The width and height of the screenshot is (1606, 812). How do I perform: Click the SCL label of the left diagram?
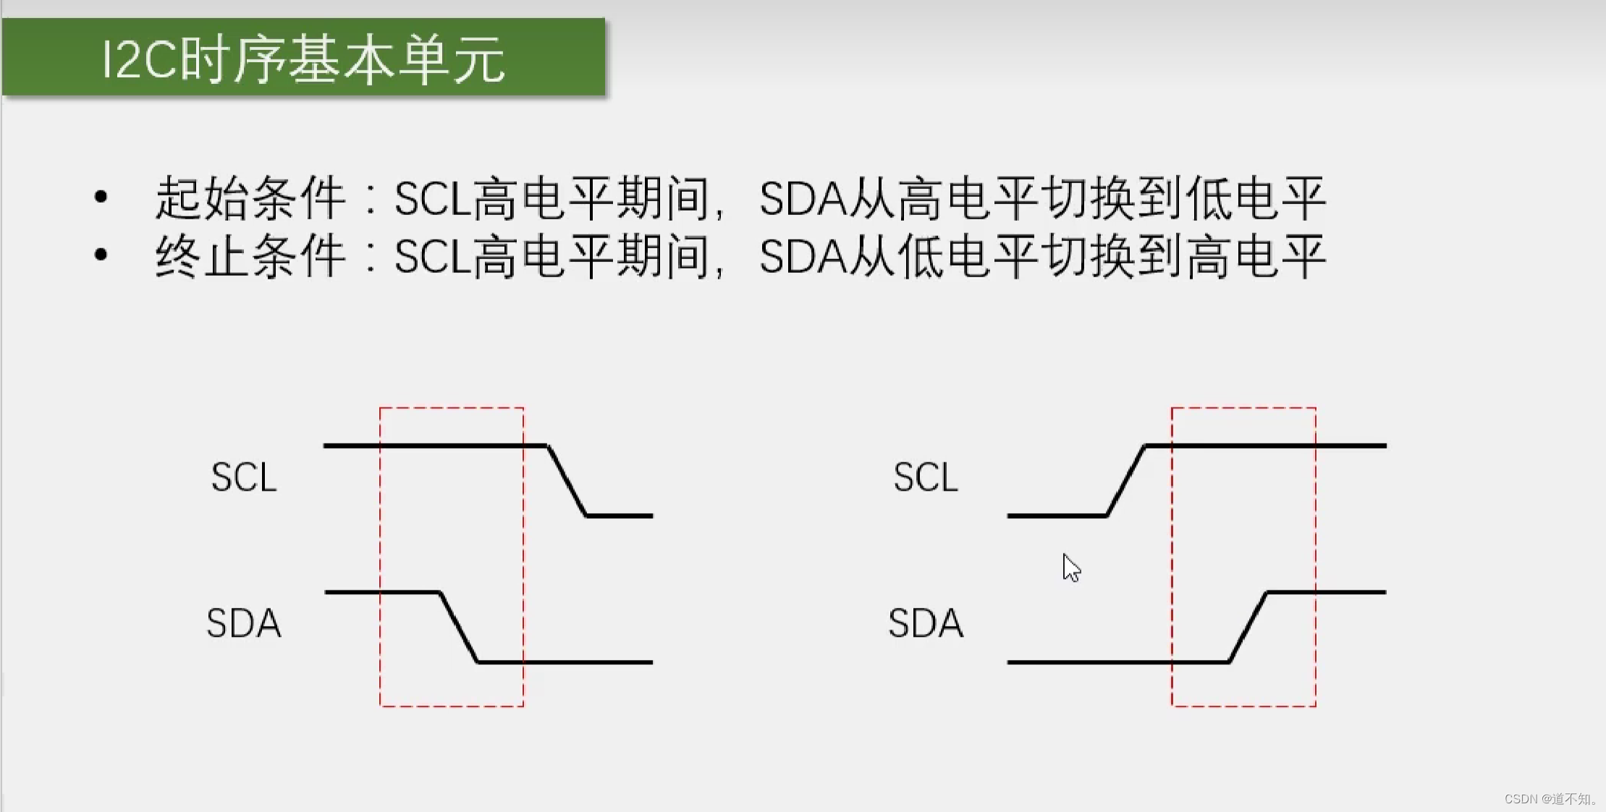(x=244, y=478)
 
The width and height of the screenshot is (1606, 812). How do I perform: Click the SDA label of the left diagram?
(x=244, y=623)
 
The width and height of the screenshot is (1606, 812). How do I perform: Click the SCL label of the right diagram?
(x=926, y=478)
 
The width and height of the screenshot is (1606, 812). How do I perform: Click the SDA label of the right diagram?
(x=926, y=623)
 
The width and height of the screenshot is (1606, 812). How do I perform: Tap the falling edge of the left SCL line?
(x=567, y=481)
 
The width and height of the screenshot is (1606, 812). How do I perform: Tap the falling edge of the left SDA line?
(x=459, y=627)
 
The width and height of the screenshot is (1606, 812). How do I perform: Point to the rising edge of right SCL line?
(x=1126, y=481)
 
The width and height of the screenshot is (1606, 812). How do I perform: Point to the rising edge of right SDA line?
(x=1248, y=627)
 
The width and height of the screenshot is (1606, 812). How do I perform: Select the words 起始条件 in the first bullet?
(x=250, y=198)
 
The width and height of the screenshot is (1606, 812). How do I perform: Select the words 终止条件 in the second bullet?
(x=250, y=256)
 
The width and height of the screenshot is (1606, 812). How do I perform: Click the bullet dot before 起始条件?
(x=101, y=196)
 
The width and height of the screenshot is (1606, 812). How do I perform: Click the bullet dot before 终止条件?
(x=101, y=254)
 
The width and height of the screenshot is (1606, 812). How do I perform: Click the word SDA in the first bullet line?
(x=803, y=198)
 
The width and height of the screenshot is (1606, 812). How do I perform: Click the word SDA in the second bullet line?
(x=803, y=257)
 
